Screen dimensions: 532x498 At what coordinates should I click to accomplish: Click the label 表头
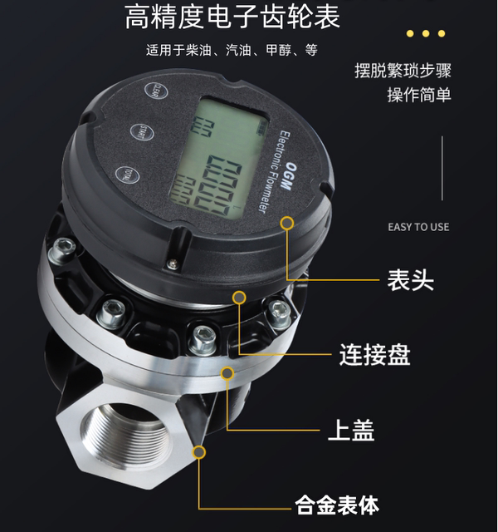[x=410, y=279]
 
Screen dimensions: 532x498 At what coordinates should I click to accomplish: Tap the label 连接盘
[x=374, y=355]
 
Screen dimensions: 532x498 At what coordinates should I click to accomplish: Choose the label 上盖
[x=351, y=431]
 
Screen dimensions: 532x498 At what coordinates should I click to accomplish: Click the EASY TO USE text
[x=418, y=227]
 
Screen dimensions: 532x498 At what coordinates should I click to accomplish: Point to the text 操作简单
[x=419, y=95]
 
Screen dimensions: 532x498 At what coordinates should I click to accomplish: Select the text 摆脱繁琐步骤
[x=403, y=70]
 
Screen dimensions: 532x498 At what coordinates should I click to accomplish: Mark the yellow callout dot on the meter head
[x=287, y=223]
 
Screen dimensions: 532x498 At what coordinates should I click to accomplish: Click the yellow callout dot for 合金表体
[x=199, y=451]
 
